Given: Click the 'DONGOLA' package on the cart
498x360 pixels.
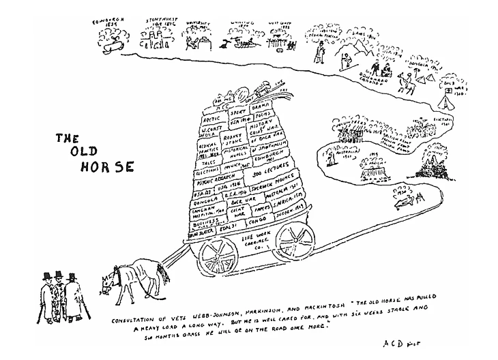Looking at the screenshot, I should click(203, 202).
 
